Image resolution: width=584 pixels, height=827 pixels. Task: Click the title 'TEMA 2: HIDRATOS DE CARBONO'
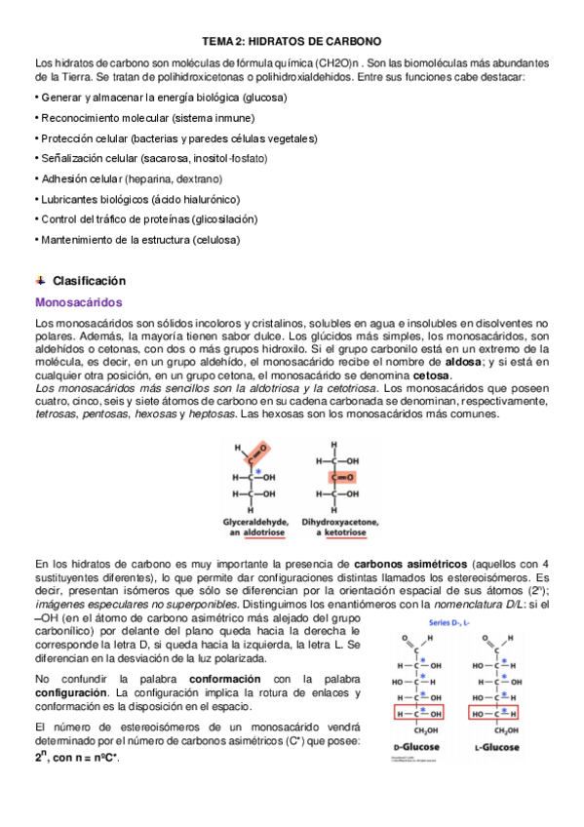[x=291, y=42]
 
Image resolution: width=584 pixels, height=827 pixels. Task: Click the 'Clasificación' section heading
[x=90, y=280]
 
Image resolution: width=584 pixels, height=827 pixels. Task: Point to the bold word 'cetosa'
[x=432, y=375]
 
